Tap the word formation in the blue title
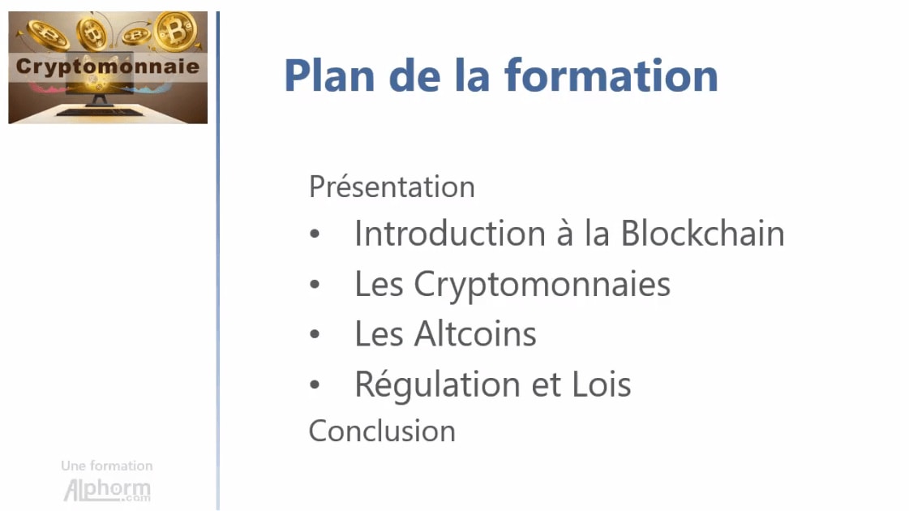click(x=611, y=75)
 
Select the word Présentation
click(x=392, y=187)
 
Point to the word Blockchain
click(x=702, y=234)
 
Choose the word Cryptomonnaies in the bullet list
click(x=542, y=284)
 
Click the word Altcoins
click(x=475, y=334)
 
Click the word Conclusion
click(x=382, y=431)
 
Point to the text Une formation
click(x=107, y=466)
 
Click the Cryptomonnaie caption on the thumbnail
click(x=108, y=67)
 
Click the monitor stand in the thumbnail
click(x=101, y=98)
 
